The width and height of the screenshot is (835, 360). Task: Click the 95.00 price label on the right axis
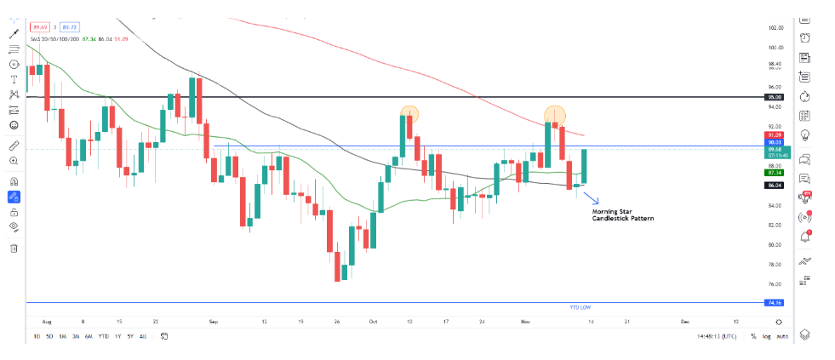(774, 98)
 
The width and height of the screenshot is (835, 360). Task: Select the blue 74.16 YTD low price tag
(774, 302)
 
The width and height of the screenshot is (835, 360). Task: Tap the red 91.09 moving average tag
(774, 135)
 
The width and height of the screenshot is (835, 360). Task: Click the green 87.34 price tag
(774, 172)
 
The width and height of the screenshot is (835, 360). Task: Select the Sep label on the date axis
(214, 322)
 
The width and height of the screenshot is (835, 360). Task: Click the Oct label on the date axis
(373, 322)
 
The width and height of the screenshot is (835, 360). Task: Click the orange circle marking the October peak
(409, 112)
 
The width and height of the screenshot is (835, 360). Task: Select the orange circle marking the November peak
(554, 113)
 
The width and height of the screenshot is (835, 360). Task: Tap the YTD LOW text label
(579, 306)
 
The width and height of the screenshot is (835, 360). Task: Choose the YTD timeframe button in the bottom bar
(103, 337)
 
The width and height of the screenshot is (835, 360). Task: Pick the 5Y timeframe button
(129, 337)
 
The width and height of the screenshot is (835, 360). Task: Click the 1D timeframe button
(37, 337)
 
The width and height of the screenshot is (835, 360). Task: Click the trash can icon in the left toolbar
(14, 248)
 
